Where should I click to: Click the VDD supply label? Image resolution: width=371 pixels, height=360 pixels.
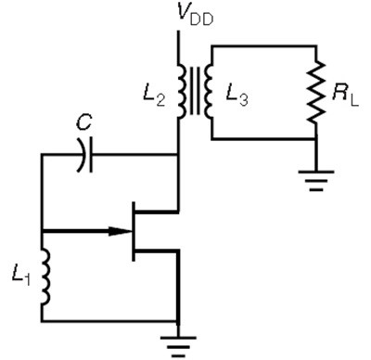(x=196, y=15)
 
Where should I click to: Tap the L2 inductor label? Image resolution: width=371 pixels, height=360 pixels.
(x=154, y=96)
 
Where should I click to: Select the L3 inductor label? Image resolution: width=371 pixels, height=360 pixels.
(x=237, y=96)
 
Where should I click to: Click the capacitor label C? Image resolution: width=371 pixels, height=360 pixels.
(x=84, y=122)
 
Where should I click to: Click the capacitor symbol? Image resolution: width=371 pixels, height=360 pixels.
(x=84, y=155)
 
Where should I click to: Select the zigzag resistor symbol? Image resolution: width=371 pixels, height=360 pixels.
(x=316, y=93)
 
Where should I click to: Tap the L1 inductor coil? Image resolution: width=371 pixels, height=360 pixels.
(x=45, y=277)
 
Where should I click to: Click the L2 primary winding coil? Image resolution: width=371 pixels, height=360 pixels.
(x=182, y=91)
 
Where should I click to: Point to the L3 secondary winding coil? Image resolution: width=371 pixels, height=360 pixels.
(x=209, y=91)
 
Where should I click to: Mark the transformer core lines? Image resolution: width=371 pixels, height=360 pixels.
(x=195, y=91)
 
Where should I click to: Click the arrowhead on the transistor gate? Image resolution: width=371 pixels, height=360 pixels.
(x=120, y=231)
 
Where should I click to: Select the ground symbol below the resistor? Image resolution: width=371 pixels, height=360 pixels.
(x=316, y=181)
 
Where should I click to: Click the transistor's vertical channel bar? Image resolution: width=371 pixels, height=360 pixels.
(x=134, y=231)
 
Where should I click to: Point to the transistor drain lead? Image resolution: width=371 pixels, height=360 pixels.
(x=157, y=212)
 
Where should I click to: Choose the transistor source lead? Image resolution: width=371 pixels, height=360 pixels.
(x=157, y=251)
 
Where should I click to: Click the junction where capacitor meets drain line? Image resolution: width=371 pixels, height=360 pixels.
(x=178, y=154)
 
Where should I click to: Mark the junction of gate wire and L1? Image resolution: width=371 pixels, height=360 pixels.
(x=42, y=231)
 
